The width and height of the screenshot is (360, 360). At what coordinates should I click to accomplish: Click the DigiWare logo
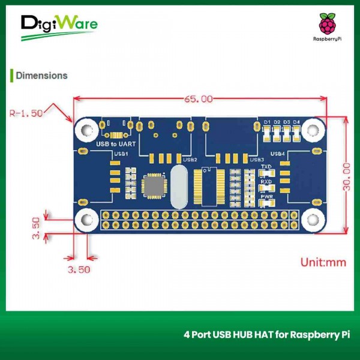pos(58,26)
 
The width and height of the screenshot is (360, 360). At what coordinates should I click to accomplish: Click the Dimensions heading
pos(41,76)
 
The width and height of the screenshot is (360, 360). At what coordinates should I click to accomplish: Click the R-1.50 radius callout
pos(27,112)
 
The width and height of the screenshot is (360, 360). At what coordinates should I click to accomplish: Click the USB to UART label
pos(116,144)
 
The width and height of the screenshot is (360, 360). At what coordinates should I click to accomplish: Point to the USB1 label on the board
pos(121,154)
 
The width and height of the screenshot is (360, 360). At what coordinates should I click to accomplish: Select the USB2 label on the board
pos(190,160)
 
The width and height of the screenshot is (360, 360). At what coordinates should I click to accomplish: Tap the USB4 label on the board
pos(278,154)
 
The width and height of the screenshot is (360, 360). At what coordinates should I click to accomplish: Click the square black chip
pos(155,185)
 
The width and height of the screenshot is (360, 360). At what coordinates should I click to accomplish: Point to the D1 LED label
pos(267,122)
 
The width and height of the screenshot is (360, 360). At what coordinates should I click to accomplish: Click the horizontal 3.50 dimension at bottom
pos(79,269)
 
